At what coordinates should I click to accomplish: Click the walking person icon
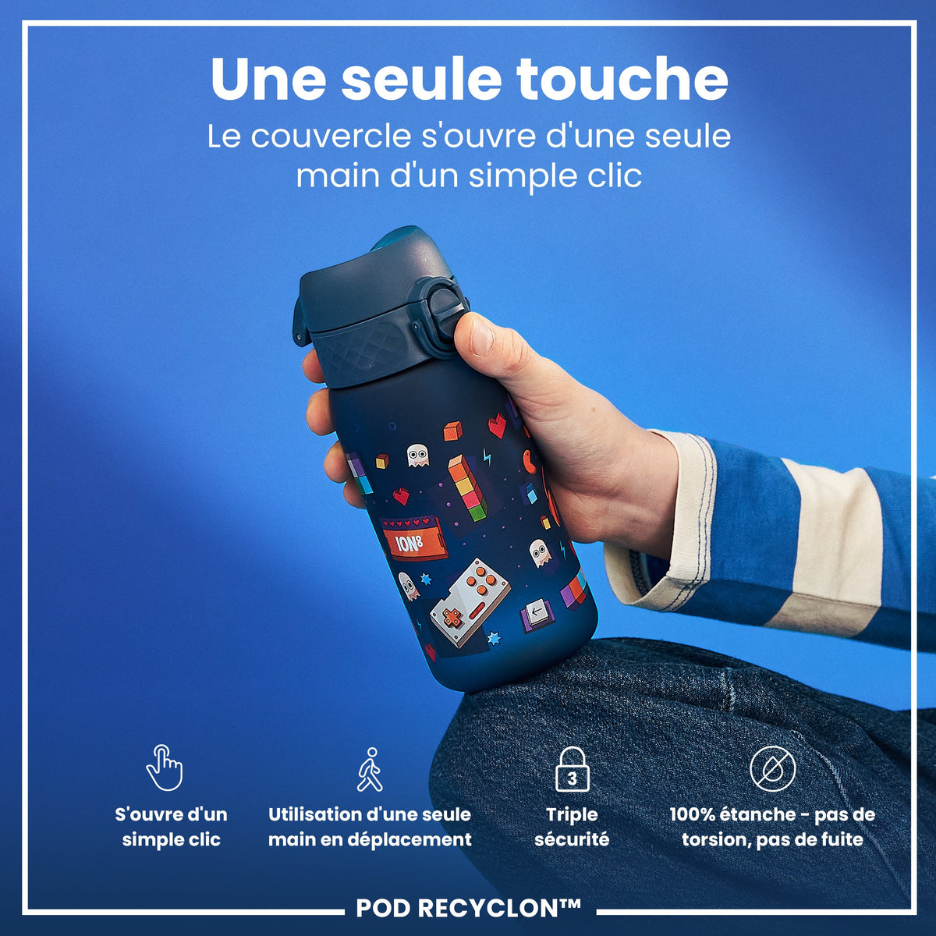(x=370, y=769)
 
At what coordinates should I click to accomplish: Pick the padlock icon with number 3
(x=572, y=768)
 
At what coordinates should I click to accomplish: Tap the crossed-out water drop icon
(x=772, y=768)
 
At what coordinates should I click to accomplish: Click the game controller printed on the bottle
(x=470, y=602)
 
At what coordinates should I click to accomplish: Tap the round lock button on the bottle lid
(x=445, y=303)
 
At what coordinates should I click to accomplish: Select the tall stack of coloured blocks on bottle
(x=467, y=488)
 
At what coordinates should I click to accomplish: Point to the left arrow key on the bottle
(x=537, y=614)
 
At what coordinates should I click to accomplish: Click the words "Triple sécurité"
(x=572, y=827)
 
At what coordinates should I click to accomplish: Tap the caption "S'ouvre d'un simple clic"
(x=171, y=827)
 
